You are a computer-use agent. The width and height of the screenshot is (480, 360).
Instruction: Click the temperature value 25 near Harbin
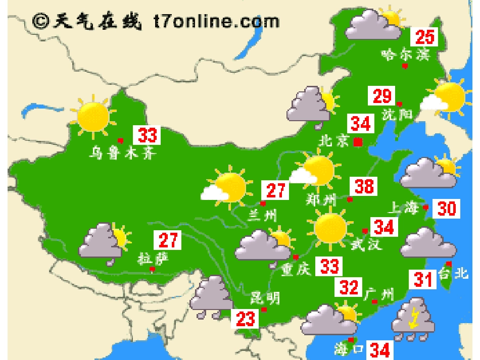point(425,37)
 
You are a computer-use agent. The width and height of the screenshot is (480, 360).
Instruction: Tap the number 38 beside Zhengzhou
point(364,186)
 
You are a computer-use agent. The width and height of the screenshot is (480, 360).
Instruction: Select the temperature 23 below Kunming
point(246,319)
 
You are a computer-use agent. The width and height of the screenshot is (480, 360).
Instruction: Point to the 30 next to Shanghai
point(447,208)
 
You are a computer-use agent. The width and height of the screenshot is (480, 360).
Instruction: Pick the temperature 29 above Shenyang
point(382,95)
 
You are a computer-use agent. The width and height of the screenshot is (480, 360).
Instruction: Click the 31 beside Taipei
point(423,279)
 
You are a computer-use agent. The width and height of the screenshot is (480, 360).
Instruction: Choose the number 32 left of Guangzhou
point(349,287)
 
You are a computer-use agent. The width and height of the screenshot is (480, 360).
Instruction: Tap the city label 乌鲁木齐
point(122,152)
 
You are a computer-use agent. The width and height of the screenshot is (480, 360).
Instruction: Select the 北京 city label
point(333,141)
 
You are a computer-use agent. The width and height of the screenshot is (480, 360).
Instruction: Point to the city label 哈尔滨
point(405,54)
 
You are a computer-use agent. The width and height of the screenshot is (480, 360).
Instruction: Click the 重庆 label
point(296,270)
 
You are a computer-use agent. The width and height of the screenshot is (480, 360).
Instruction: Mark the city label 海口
point(349,349)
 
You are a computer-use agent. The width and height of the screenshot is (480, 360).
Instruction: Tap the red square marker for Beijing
point(358,142)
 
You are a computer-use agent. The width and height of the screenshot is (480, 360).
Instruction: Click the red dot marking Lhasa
point(152,270)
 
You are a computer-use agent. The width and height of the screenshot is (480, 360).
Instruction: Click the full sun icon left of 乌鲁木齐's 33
point(93,116)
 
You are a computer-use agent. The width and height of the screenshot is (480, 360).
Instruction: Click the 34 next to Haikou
point(379,349)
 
